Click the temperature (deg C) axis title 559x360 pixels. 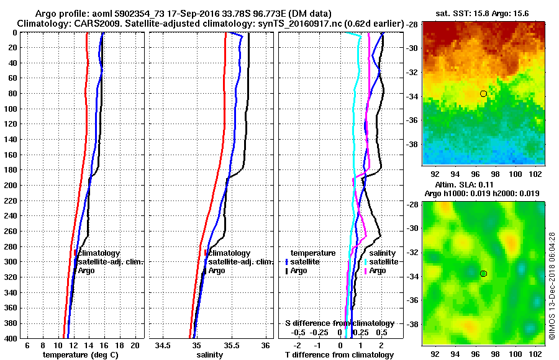(80, 355)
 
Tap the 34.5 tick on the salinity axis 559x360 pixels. (163, 346)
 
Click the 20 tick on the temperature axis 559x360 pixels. (134, 346)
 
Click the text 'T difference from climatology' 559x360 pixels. (339, 355)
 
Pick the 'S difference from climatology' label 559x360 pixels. (339, 323)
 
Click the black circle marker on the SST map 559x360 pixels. (483, 94)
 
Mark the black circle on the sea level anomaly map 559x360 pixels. (483, 274)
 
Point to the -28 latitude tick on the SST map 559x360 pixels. (414, 24)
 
